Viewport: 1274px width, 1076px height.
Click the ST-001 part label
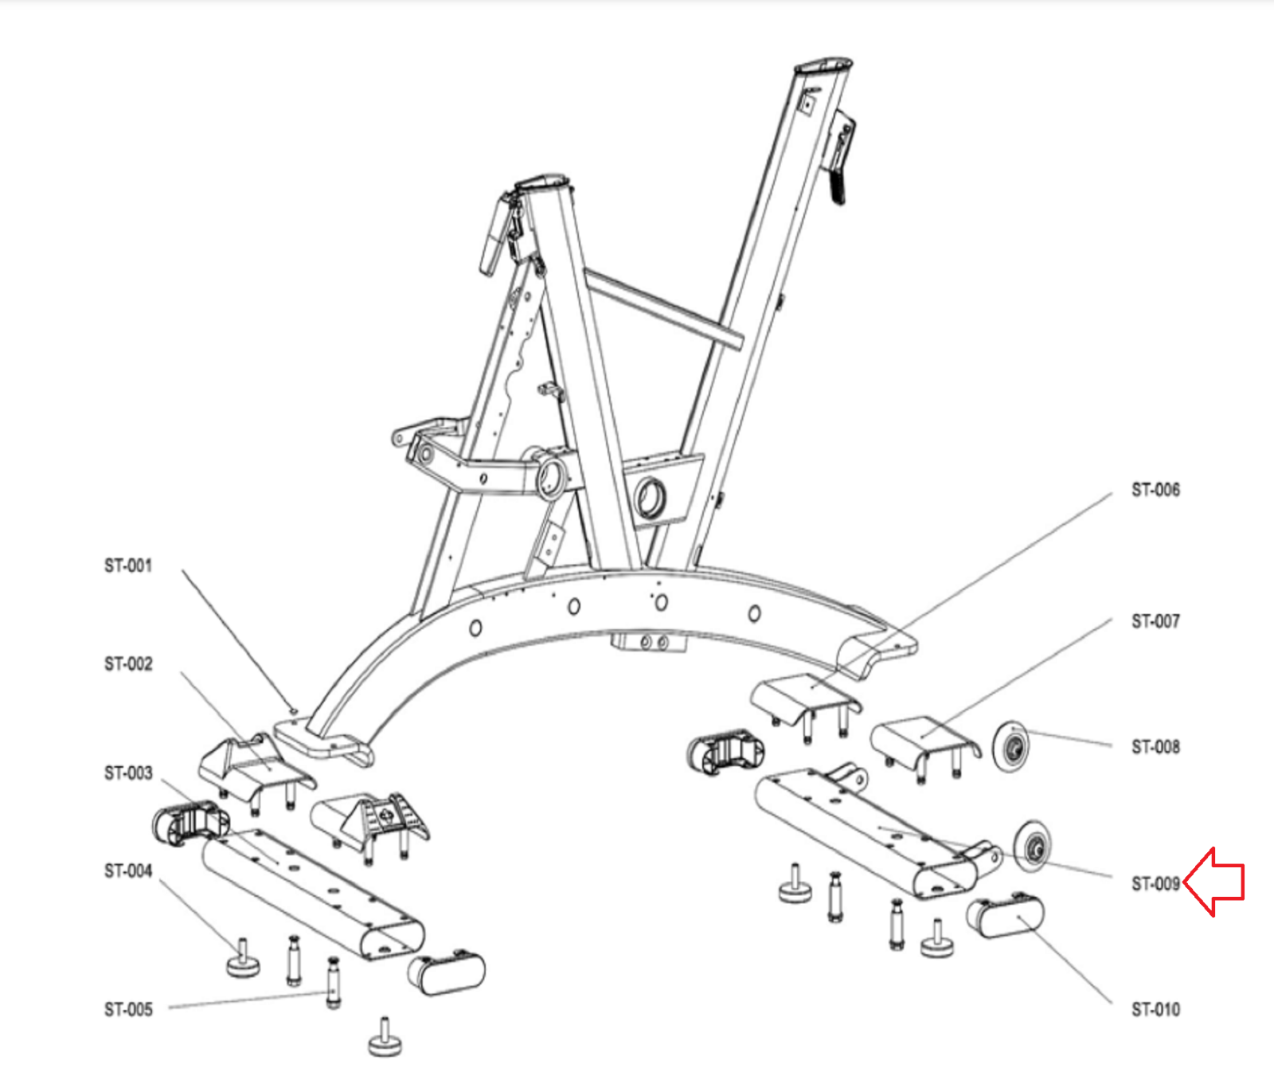point(128,565)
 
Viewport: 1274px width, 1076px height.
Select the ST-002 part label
point(128,663)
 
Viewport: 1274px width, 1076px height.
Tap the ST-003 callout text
point(128,773)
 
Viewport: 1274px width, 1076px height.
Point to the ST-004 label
point(128,871)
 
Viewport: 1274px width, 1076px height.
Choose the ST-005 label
point(128,1009)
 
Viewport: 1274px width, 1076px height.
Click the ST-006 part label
point(1155,490)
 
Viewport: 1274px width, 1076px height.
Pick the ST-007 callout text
point(1155,620)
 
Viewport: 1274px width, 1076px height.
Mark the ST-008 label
point(1155,746)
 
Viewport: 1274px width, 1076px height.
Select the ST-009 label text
point(1155,883)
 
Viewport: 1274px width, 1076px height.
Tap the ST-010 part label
point(1155,1009)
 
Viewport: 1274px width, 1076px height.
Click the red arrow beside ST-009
point(1213,882)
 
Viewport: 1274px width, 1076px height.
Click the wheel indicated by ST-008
point(1011,746)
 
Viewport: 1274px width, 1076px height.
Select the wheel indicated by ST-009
point(1033,847)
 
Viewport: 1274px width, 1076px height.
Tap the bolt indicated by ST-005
point(334,983)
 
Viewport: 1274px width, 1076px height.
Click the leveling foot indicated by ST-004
point(243,959)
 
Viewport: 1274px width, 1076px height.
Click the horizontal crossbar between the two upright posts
point(663,307)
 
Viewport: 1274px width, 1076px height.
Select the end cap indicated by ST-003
point(190,824)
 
